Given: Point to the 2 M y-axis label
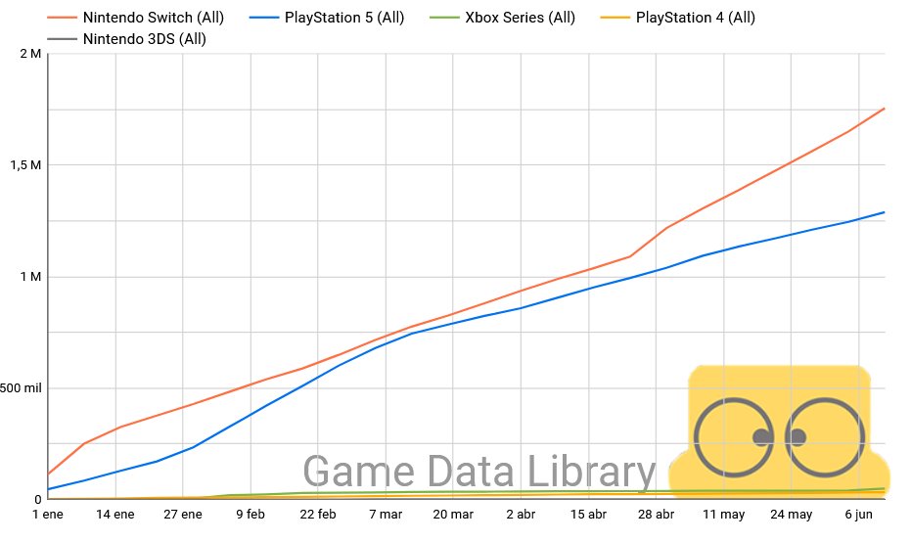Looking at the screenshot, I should [x=29, y=53].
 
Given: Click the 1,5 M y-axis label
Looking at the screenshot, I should [x=24, y=165].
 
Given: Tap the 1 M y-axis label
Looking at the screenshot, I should [x=29, y=277].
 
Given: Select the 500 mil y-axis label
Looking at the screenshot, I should [x=21, y=388].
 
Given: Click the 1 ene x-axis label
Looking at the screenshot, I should [x=48, y=515].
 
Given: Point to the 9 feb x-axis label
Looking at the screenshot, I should [x=251, y=515].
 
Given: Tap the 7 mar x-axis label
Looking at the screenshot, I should [x=386, y=515].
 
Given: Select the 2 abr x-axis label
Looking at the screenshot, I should [x=521, y=515].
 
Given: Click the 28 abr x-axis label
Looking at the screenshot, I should [x=656, y=515].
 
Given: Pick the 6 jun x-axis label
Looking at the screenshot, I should [x=858, y=515].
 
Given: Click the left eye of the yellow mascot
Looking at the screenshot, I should [x=734, y=436].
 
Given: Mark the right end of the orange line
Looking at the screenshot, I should [x=885, y=109].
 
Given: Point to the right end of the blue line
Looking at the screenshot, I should [x=885, y=212].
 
